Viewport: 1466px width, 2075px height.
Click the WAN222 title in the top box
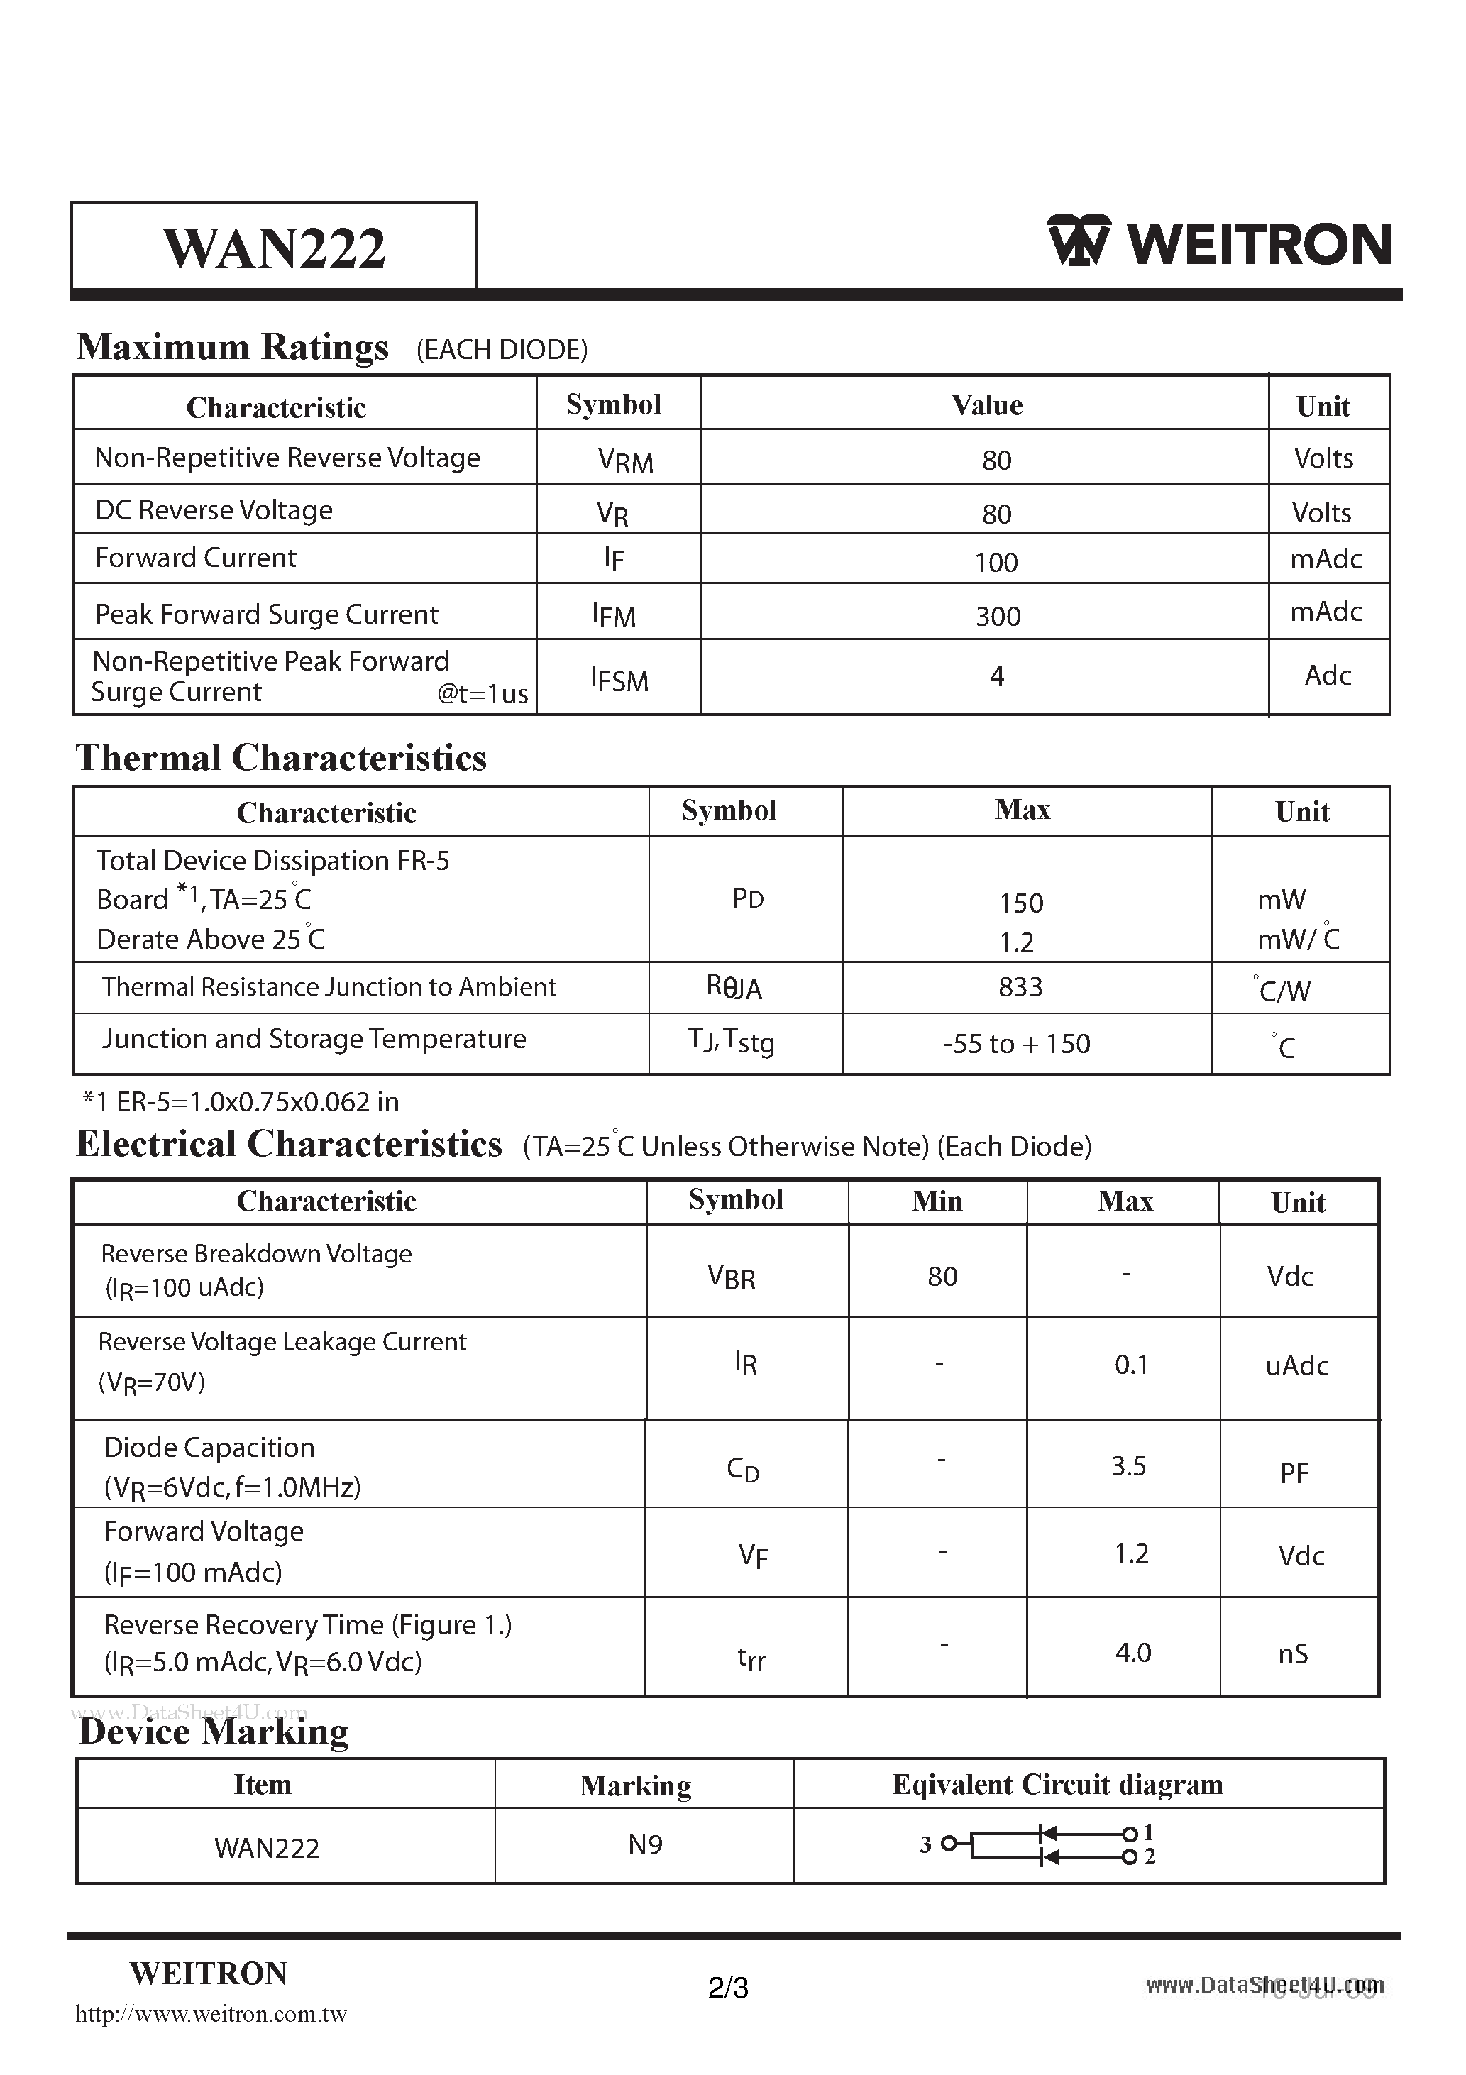click(x=274, y=248)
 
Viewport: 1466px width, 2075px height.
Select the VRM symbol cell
click(x=624, y=461)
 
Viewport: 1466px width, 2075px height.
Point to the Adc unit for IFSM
click(x=1327, y=675)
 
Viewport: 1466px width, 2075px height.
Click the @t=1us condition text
click(x=483, y=693)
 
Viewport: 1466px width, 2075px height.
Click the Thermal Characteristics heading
click(x=281, y=757)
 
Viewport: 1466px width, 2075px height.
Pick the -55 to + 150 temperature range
click(x=1016, y=1044)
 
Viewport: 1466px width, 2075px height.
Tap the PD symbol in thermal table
click(x=747, y=898)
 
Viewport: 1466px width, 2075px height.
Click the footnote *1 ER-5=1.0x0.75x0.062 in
click(x=241, y=1101)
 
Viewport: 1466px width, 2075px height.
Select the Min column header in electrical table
click(x=937, y=1201)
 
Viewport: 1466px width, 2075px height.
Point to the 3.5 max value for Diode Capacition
click(x=1128, y=1466)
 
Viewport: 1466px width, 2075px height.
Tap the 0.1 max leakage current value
click(x=1130, y=1365)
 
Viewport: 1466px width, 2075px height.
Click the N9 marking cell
click(x=645, y=1844)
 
